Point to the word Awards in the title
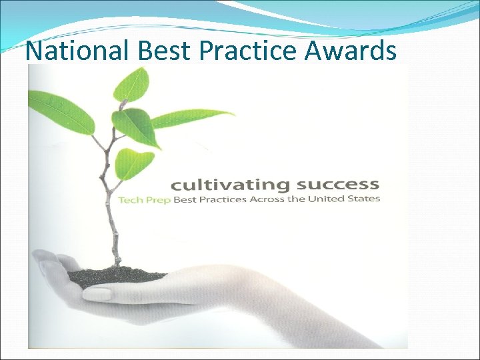pyautogui.click(x=353, y=50)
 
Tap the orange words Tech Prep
pyautogui.click(x=145, y=199)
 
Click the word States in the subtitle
pyautogui.click(x=364, y=198)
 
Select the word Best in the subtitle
pyautogui.click(x=186, y=199)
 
